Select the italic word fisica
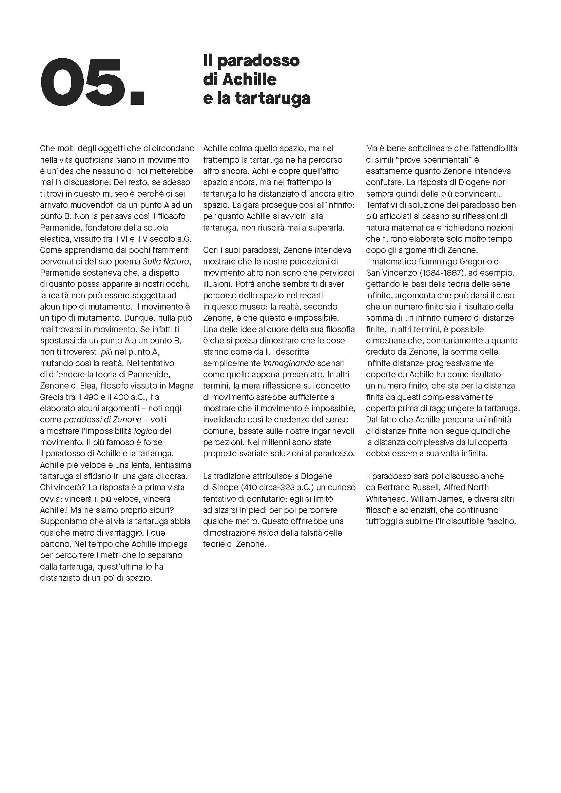coord(268,533)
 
